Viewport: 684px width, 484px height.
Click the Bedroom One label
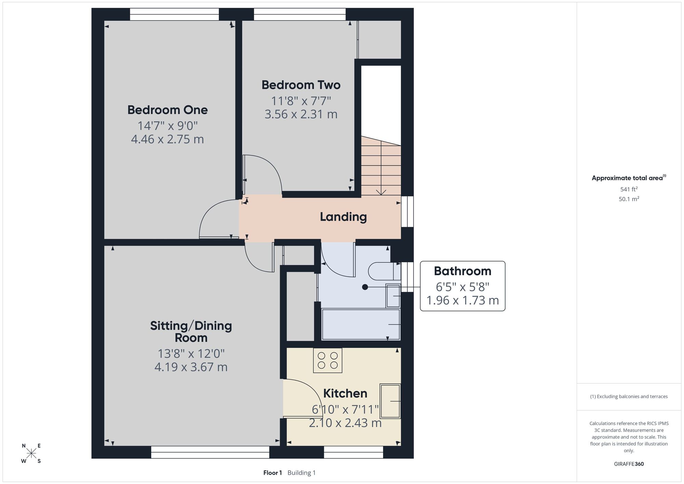[x=168, y=110]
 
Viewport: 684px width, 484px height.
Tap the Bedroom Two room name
[x=301, y=85]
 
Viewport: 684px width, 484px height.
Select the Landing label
[x=343, y=217]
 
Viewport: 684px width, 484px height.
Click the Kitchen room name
[x=345, y=393]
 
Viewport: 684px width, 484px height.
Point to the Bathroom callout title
[x=462, y=271]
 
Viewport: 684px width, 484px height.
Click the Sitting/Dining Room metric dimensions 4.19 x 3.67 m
[x=191, y=367]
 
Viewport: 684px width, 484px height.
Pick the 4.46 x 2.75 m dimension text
[x=168, y=139]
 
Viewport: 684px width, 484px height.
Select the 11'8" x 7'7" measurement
[x=301, y=101]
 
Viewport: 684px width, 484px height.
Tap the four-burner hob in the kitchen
[x=328, y=360]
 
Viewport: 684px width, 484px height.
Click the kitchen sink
[x=390, y=401]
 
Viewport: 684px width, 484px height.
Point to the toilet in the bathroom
[x=384, y=271]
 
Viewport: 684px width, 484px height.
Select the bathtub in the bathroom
[x=361, y=324]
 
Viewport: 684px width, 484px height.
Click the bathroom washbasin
[x=393, y=295]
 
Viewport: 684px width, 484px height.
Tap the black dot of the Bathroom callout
[x=365, y=287]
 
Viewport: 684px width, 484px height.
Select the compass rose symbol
[x=31, y=453]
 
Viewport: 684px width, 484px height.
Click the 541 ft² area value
[x=629, y=189]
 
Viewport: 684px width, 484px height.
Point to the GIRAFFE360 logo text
[x=629, y=464]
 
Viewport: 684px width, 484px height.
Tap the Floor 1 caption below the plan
[x=273, y=473]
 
